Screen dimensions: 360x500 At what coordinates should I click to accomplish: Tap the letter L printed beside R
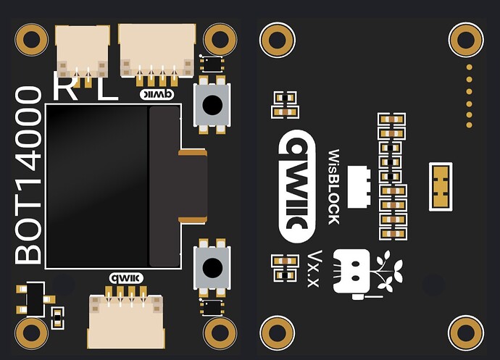107,89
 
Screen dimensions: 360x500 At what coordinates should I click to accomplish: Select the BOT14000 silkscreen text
28,175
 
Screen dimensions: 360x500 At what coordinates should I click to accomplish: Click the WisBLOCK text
333,186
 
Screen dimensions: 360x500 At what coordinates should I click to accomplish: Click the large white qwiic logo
297,186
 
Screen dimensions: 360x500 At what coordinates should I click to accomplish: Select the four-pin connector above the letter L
157,49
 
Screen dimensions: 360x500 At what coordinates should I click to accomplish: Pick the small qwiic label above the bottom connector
125,277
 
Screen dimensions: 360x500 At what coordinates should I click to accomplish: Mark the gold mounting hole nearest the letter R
31,40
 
